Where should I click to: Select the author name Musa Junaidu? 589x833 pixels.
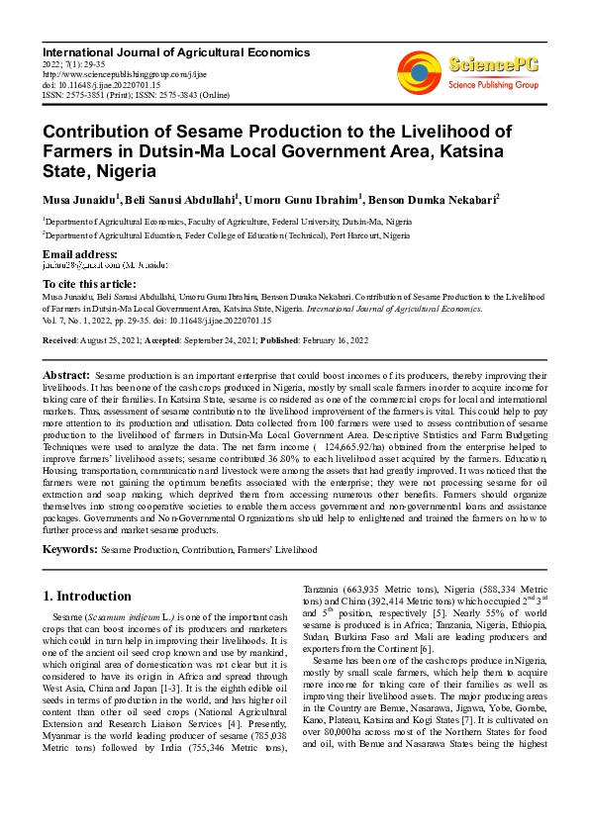coord(79,200)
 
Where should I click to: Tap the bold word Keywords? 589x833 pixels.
coord(69,548)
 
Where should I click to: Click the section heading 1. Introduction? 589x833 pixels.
coord(88,597)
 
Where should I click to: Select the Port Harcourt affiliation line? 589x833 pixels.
coord(226,236)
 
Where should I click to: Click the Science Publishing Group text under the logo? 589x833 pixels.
coord(492,85)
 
